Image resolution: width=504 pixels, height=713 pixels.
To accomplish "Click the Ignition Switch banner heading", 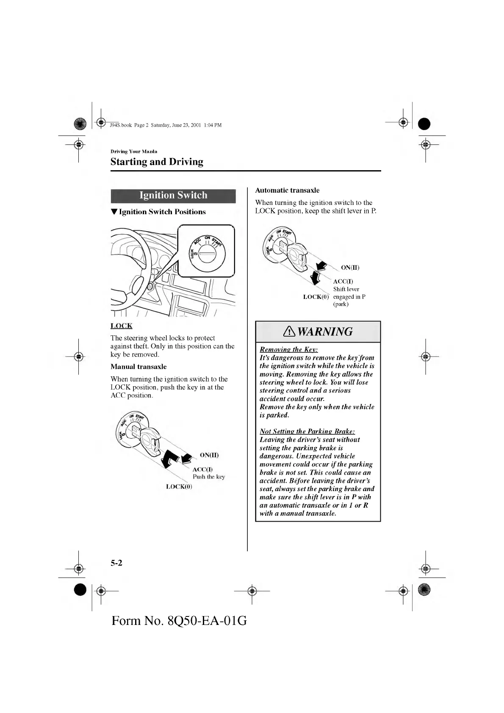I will (173, 196).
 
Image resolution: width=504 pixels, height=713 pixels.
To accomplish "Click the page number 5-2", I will (116, 563).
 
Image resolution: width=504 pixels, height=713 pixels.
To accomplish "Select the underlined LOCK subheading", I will (122, 326).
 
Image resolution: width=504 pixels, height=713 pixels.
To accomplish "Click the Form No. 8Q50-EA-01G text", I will (179, 621).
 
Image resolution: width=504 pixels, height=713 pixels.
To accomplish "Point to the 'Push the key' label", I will (209, 477).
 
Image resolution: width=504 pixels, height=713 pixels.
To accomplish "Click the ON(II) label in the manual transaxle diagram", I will (209, 455).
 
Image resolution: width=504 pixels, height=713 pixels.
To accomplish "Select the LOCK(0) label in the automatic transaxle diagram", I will (316, 297).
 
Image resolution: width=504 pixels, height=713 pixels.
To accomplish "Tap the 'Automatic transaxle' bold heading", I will (287, 191).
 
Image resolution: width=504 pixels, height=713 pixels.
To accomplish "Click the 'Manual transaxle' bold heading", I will (138, 367).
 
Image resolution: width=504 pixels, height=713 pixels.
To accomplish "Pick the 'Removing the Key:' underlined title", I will (289, 349).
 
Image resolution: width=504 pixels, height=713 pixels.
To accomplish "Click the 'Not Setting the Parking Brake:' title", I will (307, 431).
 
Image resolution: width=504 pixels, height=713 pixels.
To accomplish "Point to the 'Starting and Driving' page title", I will (157, 162).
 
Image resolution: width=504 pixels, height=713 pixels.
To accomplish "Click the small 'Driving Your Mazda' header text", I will (134, 152).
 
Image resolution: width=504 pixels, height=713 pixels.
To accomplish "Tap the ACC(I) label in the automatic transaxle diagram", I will (343, 282).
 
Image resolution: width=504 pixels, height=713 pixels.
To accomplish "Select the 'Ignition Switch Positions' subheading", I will (162, 212).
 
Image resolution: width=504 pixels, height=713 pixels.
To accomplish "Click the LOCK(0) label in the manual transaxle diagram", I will (179, 486).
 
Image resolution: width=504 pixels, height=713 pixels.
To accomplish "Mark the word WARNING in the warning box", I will (325, 332).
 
